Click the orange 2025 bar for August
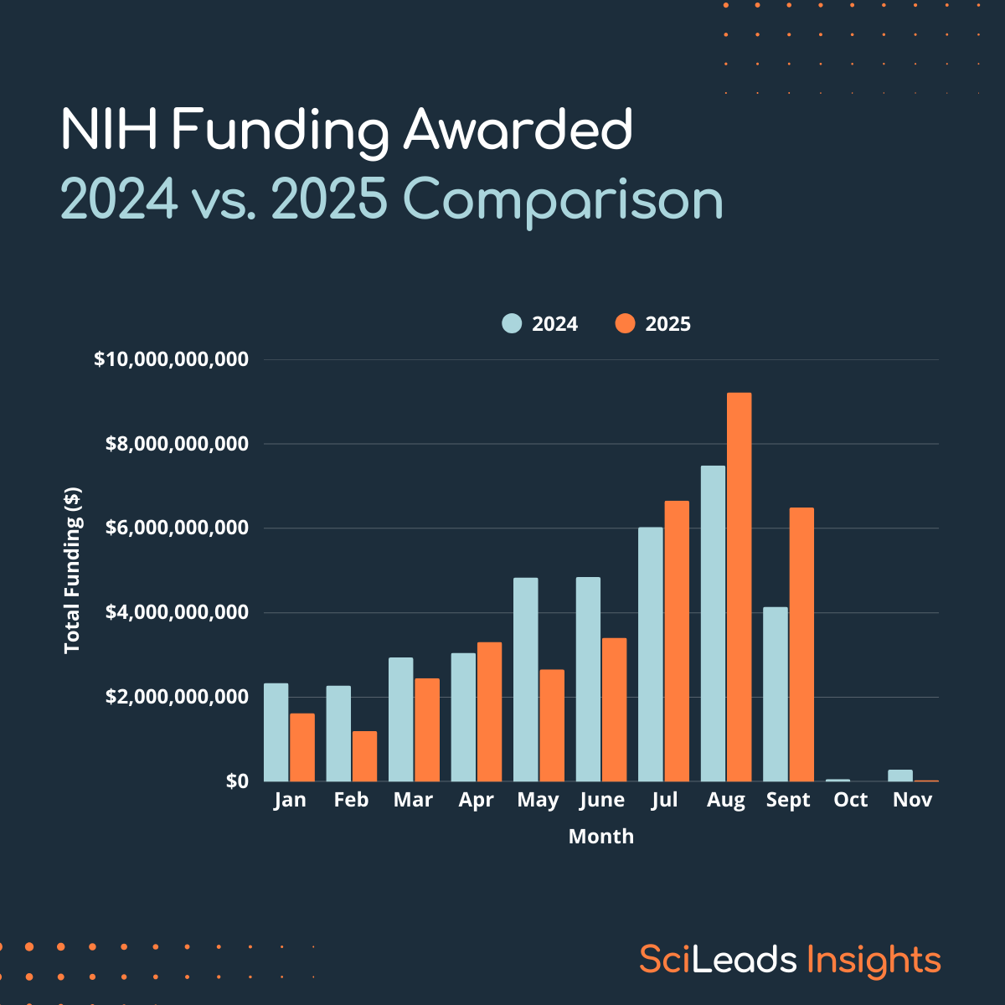pos(739,586)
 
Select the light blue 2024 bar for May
pos(526,679)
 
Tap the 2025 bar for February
pos(364,755)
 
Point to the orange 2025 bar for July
pos(677,641)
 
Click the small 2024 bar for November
pos(900,776)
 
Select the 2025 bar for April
pos(489,711)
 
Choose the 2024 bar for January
pos(276,732)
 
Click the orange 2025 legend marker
pos(625,324)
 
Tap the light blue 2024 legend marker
pos(512,324)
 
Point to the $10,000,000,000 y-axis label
pos(171,359)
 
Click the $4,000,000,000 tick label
pos(177,612)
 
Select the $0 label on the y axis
pos(237,781)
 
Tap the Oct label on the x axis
pos(850,800)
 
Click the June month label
pos(601,800)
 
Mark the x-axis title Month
pos(600,836)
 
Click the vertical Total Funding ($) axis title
pos(73,569)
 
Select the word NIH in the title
pos(110,131)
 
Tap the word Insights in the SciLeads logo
pos(874,960)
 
